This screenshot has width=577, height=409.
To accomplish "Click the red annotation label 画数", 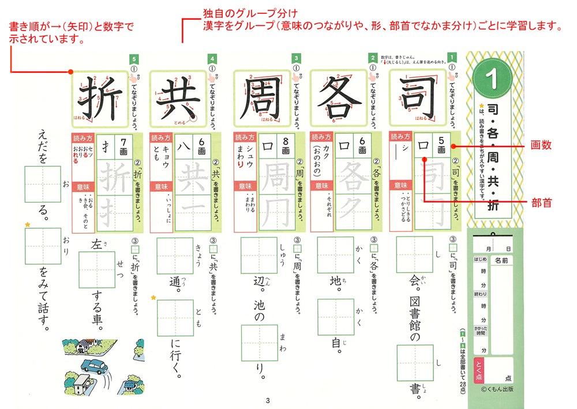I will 542,147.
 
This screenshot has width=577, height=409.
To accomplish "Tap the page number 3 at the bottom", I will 267,401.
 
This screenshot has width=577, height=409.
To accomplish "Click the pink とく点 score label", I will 478,370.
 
